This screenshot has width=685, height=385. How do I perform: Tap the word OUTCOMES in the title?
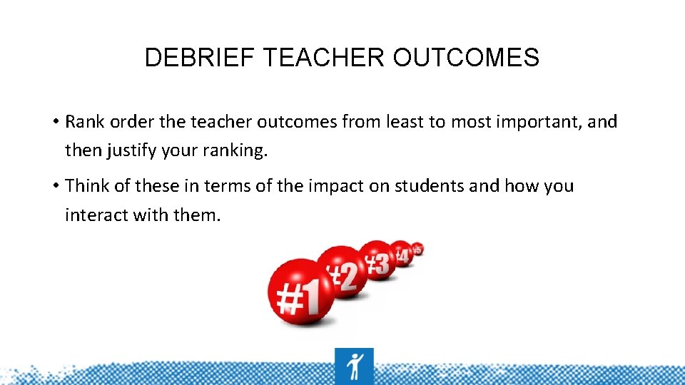(x=466, y=58)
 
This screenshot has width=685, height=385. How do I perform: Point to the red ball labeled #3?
(x=378, y=260)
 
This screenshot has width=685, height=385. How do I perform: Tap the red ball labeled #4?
(x=402, y=253)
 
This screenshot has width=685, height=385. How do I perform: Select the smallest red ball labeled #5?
(x=417, y=248)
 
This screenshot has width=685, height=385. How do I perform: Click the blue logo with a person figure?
(x=353, y=366)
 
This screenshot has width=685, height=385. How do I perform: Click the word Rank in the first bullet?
(x=83, y=122)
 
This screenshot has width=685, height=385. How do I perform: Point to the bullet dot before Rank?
(x=55, y=123)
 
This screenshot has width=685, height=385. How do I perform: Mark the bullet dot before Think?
(x=55, y=187)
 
